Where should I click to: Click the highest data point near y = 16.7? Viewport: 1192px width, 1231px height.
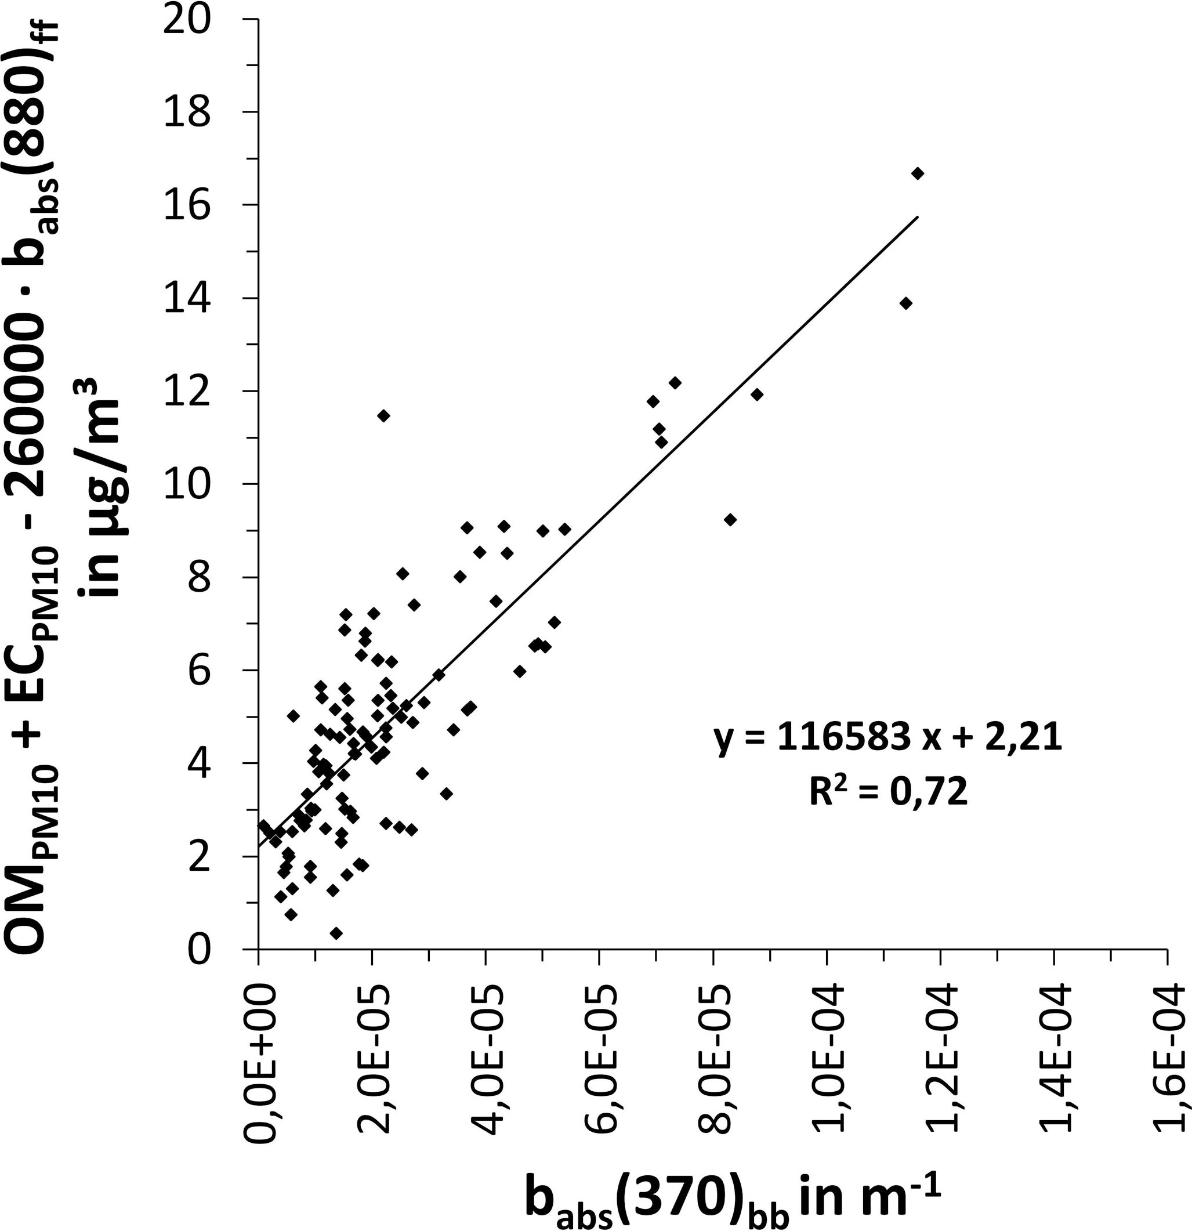918,173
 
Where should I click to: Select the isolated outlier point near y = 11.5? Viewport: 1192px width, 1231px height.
384,416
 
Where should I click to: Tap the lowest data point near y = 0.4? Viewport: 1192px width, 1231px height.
336,933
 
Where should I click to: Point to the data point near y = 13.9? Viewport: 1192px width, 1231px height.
905,303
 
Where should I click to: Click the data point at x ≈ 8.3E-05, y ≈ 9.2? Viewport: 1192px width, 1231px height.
730,519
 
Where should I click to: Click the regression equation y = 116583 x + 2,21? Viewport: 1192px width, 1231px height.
887,739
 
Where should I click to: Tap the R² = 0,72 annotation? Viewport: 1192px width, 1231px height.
887,793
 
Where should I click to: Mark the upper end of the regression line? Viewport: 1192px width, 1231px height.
918,218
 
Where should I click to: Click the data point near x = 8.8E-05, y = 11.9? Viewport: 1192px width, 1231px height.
757,394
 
